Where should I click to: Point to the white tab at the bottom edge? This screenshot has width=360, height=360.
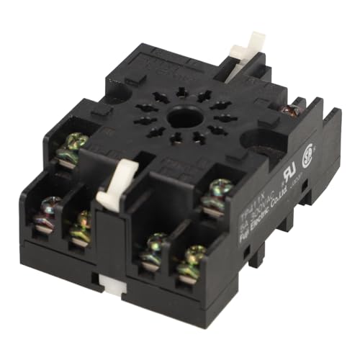pyautogui.click(x=114, y=288)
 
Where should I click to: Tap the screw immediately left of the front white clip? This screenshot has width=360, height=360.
pyautogui.click(x=82, y=225)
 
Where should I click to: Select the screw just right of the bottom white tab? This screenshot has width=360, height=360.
pyautogui.click(x=153, y=246)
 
